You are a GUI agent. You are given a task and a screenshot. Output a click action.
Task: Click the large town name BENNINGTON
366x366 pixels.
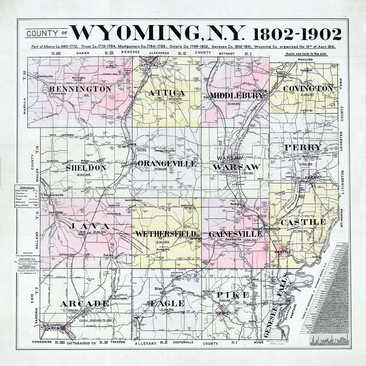tap(80, 89)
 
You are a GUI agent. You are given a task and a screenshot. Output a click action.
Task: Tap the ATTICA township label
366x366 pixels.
tap(166, 93)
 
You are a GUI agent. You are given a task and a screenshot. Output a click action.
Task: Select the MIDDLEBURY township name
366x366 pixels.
tap(236, 95)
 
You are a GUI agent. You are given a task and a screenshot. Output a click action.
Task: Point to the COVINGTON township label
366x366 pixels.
tap(308, 88)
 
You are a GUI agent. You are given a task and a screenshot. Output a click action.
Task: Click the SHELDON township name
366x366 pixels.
tap(86, 168)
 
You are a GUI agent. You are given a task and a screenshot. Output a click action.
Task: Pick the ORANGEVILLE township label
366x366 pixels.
tap(166, 164)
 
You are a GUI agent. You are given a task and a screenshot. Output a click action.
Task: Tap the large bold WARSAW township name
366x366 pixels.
tap(237, 167)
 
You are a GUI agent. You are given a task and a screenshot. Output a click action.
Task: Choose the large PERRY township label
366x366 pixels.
tap(303, 147)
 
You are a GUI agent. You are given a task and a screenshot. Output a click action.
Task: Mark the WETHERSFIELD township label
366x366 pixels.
tap(165, 234)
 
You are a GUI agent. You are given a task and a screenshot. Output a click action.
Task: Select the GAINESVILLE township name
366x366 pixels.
tap(235, 234)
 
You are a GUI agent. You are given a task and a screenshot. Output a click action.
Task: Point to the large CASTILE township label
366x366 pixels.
tap(303, 222)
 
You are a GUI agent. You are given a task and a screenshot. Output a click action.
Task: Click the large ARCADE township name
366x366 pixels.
tap(84, 303)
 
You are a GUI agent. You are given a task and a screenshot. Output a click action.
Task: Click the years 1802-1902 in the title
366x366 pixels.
tap(297, 34)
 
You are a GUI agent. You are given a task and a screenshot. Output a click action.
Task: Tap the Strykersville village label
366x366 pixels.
tap(52, 195)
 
